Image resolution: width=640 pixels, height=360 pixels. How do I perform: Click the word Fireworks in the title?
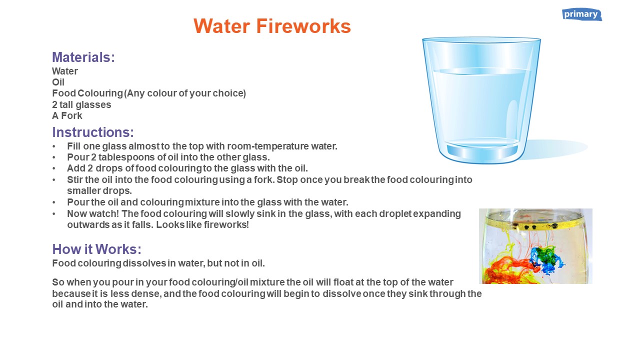pyautogui.click(x=303, y=26)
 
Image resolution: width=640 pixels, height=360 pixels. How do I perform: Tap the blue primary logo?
pyautogui.click(x=581, y=14)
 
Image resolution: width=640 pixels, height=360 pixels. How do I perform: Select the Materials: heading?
pyautogui.click(x=83, y=57)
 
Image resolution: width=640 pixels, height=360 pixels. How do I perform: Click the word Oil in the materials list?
pyautogui.click(x=58, y=82)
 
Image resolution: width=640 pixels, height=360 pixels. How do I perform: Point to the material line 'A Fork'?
pyautogui.click(x=67, y=115)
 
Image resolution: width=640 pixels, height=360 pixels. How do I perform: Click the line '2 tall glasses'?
pyautogui.click(x=81, y=104)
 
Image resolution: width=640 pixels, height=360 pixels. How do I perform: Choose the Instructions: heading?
pyautogui.click(x=93, y=132)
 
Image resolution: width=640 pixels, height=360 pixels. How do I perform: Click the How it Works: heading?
pyautogui.click(x=96, y=249)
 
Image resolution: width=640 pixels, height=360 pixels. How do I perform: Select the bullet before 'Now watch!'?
pyautogui.click(x=54, y=214)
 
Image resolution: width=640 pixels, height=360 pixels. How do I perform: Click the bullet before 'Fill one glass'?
pyautogui.click(x=54, y=146)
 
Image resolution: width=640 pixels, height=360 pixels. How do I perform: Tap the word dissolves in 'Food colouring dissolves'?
pyautogui.click(x=144, y=263)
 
